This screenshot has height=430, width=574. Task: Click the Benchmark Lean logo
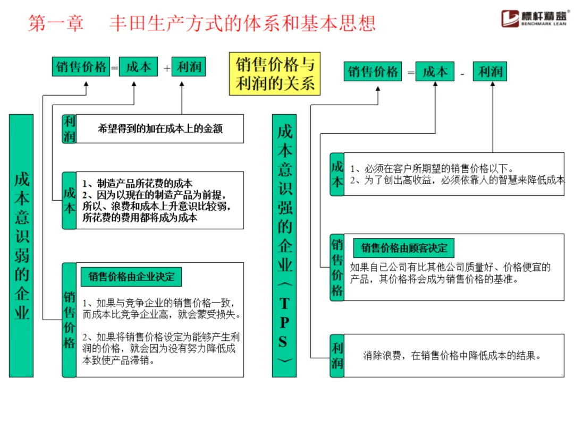(x=534, y=19)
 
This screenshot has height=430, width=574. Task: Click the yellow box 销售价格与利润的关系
(x=275, y=73)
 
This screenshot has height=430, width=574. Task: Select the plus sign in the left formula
(x=167, y=68)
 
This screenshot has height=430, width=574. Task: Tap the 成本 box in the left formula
(x=138, y=67)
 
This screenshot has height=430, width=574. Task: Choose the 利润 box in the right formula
(x=489, y=72)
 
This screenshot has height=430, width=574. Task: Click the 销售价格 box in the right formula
(x=373, y=72)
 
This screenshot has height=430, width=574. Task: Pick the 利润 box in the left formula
(x=189, y=67)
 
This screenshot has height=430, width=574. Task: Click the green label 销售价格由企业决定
(x=131, y=277)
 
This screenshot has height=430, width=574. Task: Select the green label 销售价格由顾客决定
(x=404, y=248)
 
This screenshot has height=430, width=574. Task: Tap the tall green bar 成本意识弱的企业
(x=21, y=245)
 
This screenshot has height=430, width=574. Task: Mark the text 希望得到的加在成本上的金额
(x=160, y=128)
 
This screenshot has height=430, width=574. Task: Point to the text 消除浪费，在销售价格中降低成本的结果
(x=452, y=356)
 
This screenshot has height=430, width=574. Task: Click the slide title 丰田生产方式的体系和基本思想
(x=242, y=23)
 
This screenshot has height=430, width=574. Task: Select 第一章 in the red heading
(x=56, y=23)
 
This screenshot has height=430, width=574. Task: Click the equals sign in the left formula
(x=114, y=68)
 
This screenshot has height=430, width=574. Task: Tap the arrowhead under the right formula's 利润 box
(x=492, y=86)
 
